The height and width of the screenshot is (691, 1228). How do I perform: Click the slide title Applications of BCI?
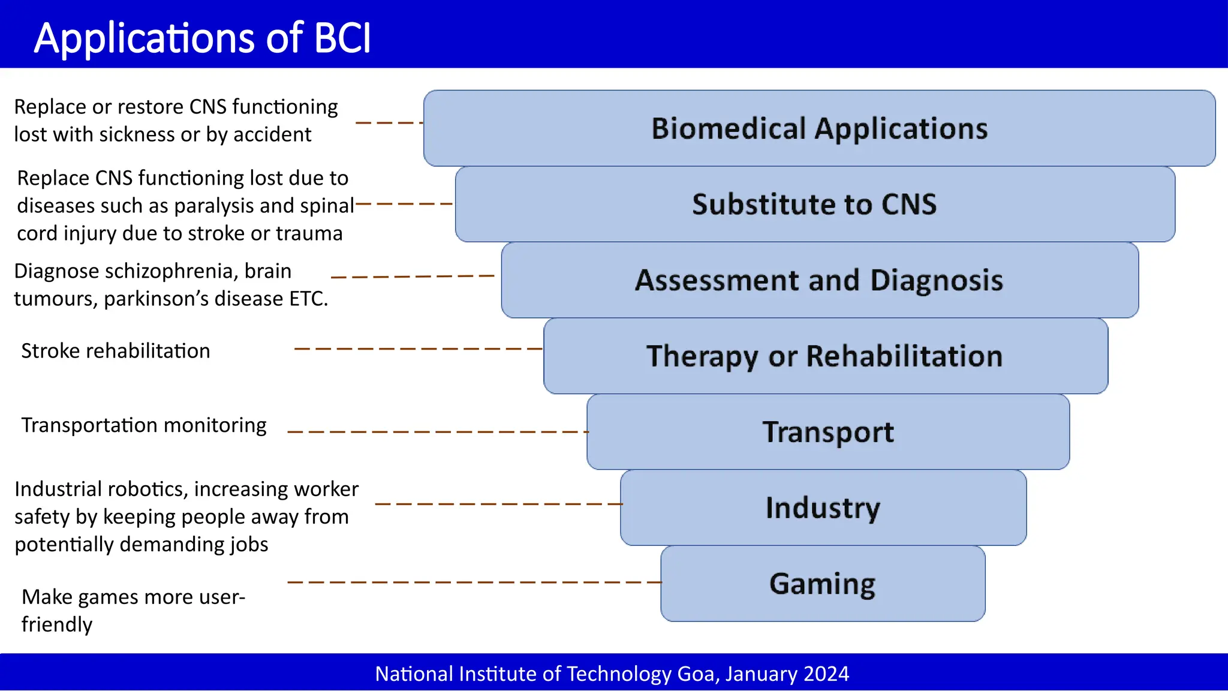click(203, 37)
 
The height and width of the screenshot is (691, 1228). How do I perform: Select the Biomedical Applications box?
click(819, 128)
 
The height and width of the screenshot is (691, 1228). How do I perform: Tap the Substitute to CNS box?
click(814, 204)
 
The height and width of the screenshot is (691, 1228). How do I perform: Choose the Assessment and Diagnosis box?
click(819, 280)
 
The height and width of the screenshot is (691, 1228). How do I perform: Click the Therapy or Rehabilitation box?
click(825, 356)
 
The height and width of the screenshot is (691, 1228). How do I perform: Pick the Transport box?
click(828, 432)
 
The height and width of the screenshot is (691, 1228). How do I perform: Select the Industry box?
click(823, 507)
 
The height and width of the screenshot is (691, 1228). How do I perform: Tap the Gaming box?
click(822, 584)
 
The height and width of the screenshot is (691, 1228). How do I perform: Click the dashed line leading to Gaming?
click(474, 582)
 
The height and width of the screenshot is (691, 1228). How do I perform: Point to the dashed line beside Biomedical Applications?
click(390, 122)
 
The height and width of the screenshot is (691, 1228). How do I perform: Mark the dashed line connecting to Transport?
click(438, 431)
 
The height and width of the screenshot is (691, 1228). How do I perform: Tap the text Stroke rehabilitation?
click(116, 351)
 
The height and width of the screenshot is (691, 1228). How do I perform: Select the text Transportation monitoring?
click(144, 425)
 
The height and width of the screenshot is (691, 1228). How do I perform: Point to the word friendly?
click(57, 624)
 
